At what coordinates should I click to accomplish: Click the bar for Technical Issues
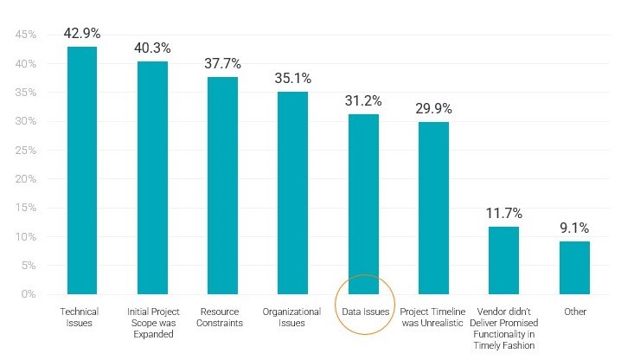(82, 170)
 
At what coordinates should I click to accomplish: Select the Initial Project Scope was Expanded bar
(152, 178)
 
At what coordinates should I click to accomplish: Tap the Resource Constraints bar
(222, 185)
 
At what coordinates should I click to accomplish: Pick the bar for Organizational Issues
(292, 193)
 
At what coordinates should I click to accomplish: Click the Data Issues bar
(363, 204)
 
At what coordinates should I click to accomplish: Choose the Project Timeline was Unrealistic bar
(433, 208)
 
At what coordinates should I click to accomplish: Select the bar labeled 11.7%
(503, 260)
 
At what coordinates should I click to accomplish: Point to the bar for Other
(573, 267)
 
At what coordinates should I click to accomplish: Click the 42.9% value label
(82, 34)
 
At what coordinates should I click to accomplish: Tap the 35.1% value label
(292, 79)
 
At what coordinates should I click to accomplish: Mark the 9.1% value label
(573, 228)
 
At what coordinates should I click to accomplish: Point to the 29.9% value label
(433, 109)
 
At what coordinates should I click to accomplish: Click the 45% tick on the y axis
(25, 35)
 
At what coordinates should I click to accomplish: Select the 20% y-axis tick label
(25, 179)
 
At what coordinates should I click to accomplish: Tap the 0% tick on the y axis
(29, 294)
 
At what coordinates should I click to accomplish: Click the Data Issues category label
(363, 312)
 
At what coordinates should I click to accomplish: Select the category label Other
(573, 312)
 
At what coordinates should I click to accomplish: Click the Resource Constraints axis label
(222, 318)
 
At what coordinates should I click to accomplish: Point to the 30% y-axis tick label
(25, 121)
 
